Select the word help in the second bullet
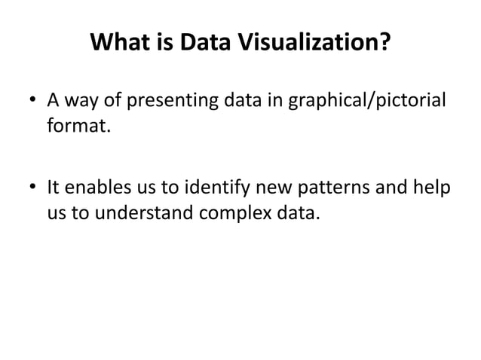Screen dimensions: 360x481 432,186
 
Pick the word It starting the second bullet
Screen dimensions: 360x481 54,186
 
